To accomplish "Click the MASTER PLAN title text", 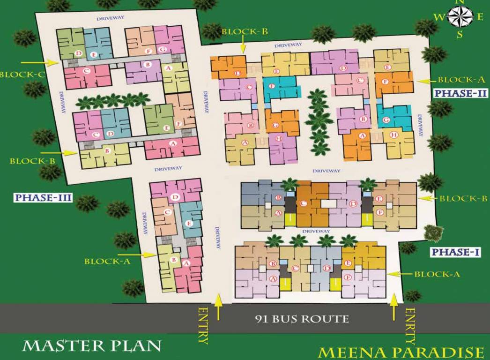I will point(92,346).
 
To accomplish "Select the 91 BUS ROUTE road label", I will point(302,320).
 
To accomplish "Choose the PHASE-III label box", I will point(43,197).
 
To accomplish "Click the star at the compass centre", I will point(460,17).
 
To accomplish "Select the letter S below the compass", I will point(460,34).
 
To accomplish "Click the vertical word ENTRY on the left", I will point(203,325).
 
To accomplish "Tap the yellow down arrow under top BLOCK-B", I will point(243,46).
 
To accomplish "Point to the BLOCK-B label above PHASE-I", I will point(464,198).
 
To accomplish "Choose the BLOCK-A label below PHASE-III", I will point(107,261).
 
